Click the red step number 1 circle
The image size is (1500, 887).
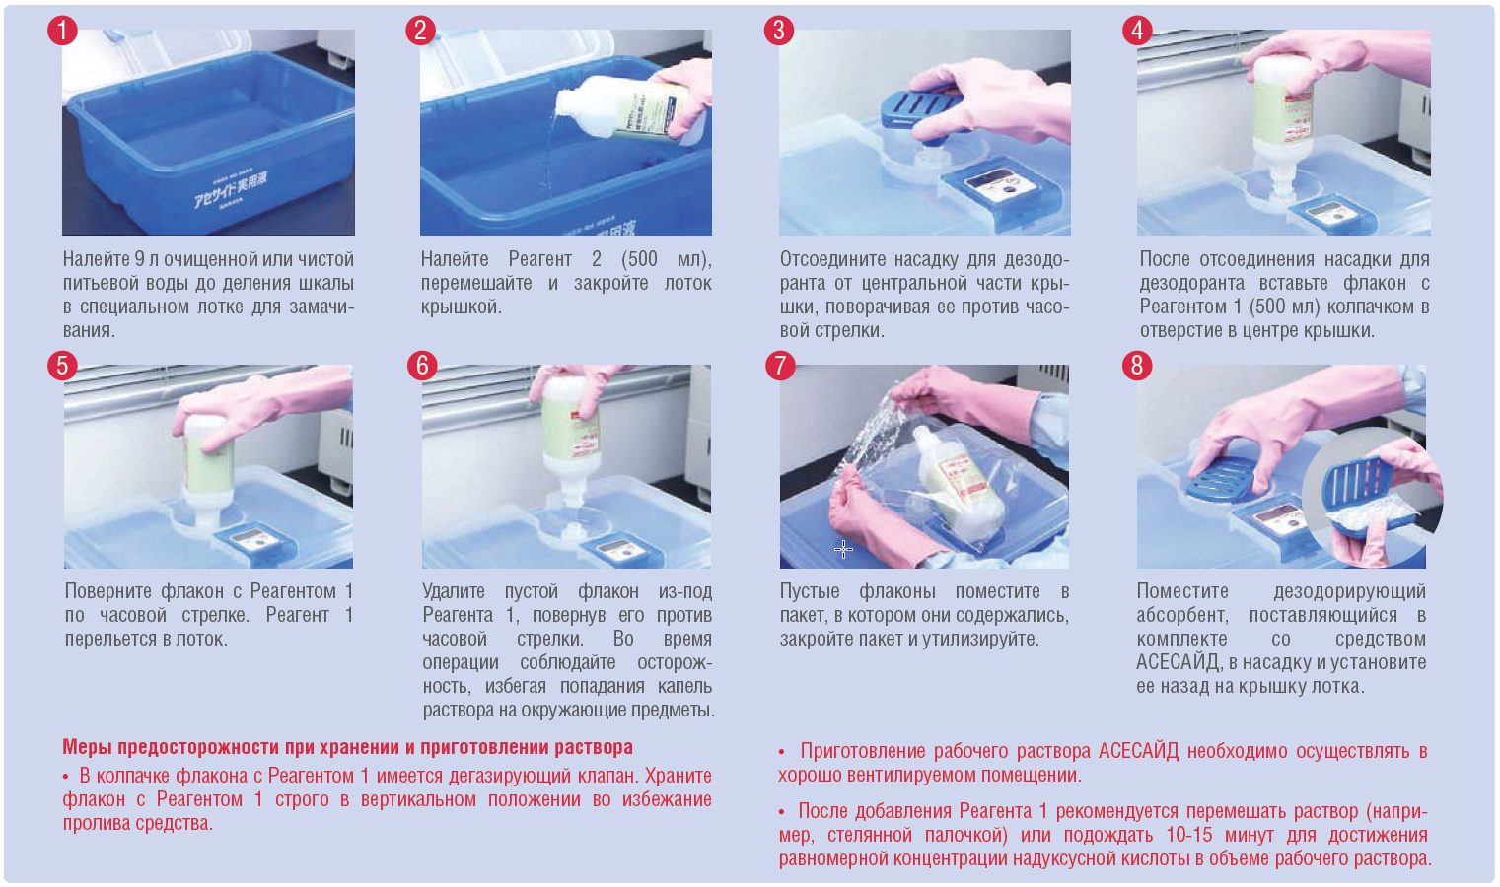coord(62,31)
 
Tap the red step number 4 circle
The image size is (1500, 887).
coord(1137,31)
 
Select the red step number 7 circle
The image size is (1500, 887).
coord(780,366)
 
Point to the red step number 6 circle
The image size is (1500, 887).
coord(422,366)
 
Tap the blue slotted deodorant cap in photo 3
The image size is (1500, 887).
coord(921,108)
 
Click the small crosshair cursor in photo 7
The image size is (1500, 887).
coord(843,550)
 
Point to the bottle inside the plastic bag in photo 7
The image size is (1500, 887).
coord(958,481)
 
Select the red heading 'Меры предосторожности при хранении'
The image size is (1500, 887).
coord(347,746)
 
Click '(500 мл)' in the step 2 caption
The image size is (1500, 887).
coord(667,259)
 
